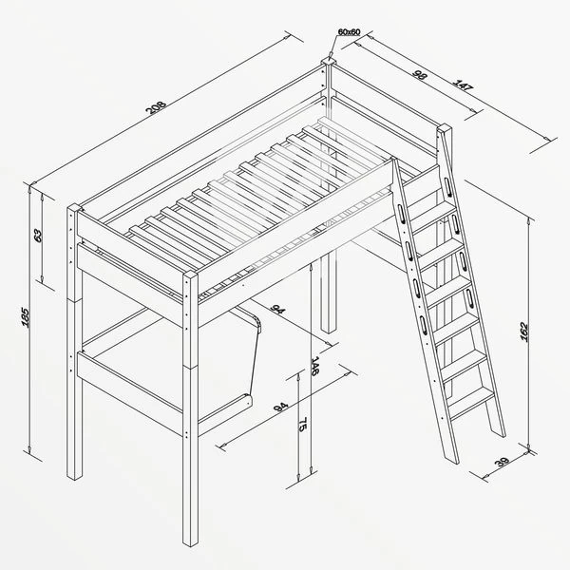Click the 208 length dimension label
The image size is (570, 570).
pos(156,106)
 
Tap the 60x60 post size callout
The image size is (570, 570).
pos(349,32)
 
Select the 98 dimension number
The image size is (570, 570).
pos(420,74)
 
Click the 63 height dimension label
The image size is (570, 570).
pos(38,236)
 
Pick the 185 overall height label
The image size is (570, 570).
pos(25,317)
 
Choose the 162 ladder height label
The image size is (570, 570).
pos(523,332)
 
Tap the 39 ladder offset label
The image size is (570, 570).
pos(502,463)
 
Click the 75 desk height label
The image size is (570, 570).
pos(302,425)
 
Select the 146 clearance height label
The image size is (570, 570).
pos(314,366)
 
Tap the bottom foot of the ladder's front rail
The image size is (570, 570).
pos(451,459)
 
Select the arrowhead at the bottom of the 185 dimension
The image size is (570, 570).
pos(29,449)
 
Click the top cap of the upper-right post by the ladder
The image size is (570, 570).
pos(445,129)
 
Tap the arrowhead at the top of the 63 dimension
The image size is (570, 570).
pos(42,199)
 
